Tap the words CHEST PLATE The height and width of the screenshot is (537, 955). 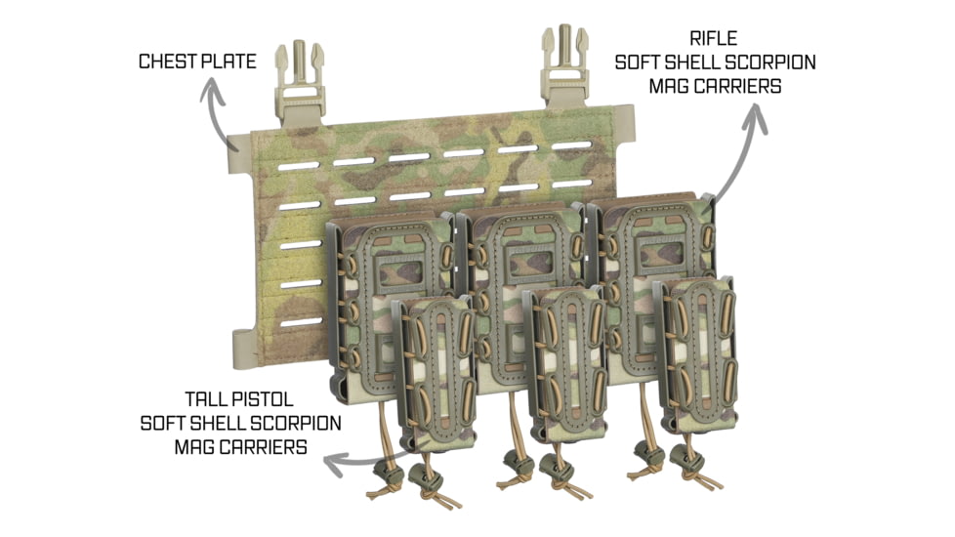[x=197, y=62]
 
